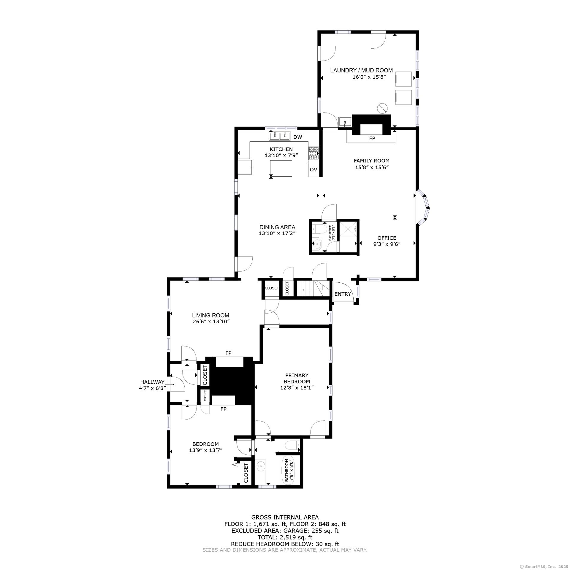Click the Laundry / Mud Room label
pos(361,70)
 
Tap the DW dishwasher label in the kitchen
pos(297,137)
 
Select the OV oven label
pos(313,170)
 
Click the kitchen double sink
pos(280,136)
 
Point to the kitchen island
pos(281,168)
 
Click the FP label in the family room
pos(372,139)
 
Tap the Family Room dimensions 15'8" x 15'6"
pos(372,167)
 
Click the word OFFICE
pos(387,238)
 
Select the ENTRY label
pos(343,294)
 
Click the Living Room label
pos(210,315)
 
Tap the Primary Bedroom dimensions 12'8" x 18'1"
pos(297,388)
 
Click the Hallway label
pos(152,382)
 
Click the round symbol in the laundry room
pos(382,108)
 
